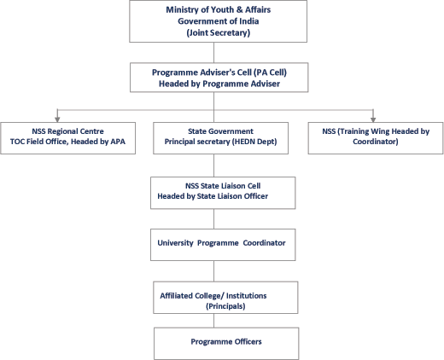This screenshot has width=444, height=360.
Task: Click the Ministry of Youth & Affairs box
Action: click(218, 21)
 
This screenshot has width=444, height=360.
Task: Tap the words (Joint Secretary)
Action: click(219, 32)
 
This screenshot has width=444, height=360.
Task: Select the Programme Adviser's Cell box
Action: click(219, 78)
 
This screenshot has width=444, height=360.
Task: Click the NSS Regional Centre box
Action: click(67, 138)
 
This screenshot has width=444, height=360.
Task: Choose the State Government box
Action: click(220, 138)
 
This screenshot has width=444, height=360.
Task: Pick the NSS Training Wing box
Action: click(376, 138)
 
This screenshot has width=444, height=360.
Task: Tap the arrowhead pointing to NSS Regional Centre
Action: click(57, 119)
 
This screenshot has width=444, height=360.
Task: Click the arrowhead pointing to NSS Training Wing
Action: click(373, 119)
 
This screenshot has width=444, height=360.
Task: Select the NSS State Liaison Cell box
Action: click(223, 193)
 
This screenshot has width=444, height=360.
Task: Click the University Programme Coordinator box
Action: click(223, 245)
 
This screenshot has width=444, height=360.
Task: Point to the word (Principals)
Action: click(225, 306)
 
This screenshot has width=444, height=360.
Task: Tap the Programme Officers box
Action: click(226, 344)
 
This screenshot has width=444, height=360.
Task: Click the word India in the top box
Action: click(248, 21)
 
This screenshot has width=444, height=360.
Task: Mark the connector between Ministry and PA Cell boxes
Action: click(214, 53)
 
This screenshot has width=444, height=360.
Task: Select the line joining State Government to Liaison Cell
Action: click(214, 165)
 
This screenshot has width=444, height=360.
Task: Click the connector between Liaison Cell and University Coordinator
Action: click(214, 219)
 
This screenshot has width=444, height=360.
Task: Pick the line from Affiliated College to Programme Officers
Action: click(214, 321)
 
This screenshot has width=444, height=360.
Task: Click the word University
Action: click(175, 243)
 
